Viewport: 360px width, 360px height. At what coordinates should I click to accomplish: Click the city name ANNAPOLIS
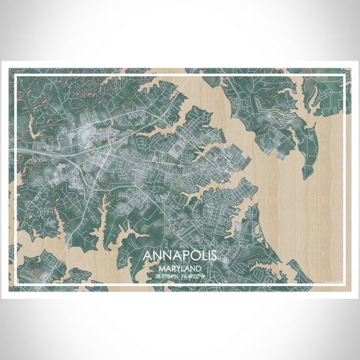(x=180, y=256)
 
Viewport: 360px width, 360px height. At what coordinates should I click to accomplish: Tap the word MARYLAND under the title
(x=180, y=268)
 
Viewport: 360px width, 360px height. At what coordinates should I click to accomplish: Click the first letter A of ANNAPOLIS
(x=148, y=256)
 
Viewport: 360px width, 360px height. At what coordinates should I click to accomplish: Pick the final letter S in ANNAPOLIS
(x=212, y=256)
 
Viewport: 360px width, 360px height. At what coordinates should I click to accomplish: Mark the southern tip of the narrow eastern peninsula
(x=306, y=178)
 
